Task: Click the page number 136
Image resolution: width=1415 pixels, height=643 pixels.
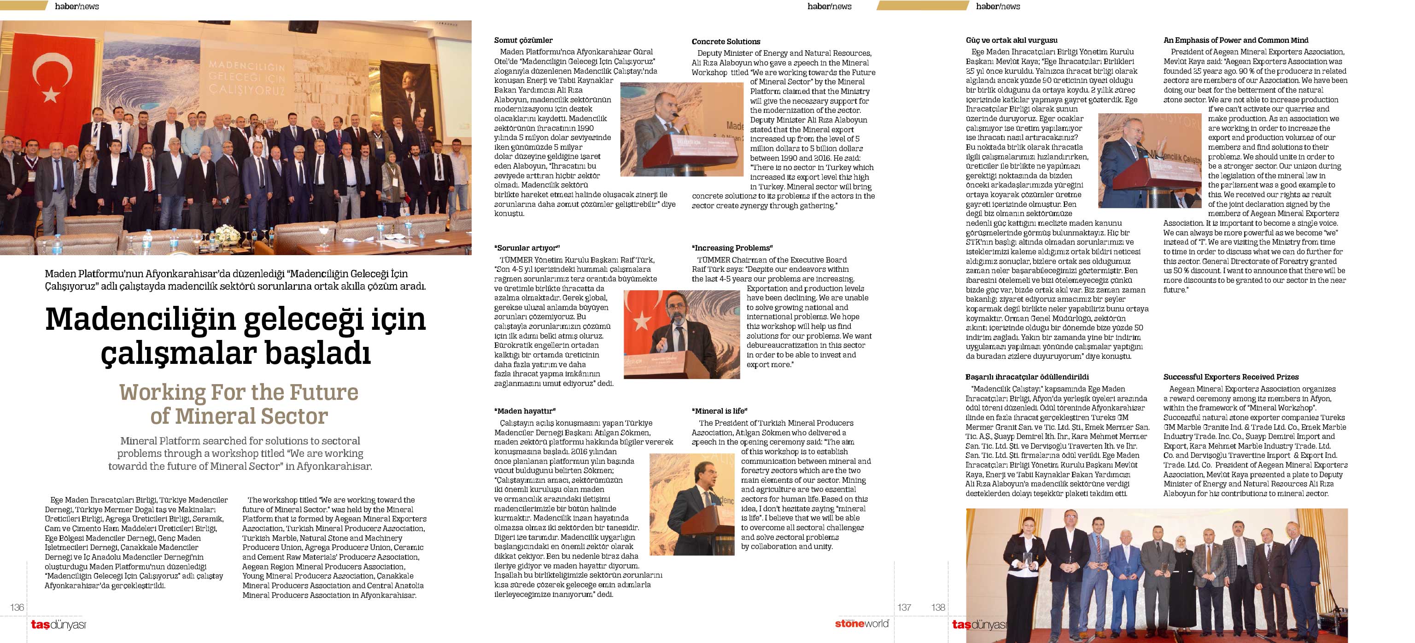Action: click(17, 608)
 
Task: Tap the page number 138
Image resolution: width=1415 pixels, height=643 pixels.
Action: click(938, 608)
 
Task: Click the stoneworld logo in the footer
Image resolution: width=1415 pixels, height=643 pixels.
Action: click(861, 624)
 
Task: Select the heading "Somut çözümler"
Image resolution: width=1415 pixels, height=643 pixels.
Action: click(523, 40)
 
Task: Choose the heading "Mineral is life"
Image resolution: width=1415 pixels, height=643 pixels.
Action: click(719, 411)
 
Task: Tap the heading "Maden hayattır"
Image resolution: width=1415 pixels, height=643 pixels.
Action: click(525, 411)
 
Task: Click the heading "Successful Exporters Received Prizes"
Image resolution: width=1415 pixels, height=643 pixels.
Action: click(1230, 377)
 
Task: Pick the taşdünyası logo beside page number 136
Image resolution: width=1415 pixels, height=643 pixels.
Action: click(58, 625)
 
